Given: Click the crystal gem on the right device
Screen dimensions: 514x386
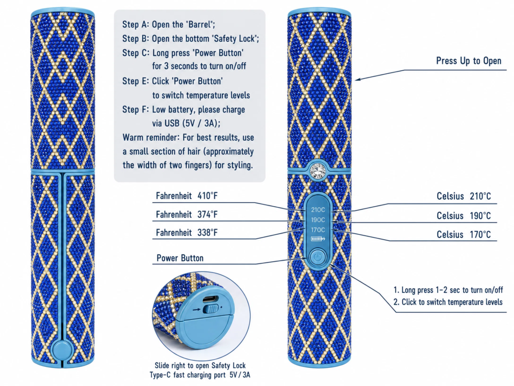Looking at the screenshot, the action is click(318, 170).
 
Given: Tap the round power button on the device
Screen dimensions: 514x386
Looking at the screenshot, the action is click(317, 257).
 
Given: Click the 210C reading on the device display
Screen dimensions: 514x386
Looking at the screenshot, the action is click(318, 210).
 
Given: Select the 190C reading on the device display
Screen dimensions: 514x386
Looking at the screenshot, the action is click(318, 220).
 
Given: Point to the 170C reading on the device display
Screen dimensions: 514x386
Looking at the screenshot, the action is click(318, 230).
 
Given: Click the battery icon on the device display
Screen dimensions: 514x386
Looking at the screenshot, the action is click(318, 239).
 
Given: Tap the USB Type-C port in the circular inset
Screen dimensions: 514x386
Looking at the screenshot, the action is click(212, 300).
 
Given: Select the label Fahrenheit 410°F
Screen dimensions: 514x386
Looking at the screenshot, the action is click(187, 196).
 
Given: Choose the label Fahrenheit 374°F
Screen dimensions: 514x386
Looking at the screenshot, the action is click(187, 215).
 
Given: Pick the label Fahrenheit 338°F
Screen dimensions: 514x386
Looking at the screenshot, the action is click(187, 233).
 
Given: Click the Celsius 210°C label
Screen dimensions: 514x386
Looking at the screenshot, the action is click(464, 197).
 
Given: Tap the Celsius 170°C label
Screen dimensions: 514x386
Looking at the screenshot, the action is click(464, 235).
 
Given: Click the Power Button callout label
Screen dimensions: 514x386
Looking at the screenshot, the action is click(180, 258).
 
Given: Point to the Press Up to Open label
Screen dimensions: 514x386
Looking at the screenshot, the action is click(469, 61).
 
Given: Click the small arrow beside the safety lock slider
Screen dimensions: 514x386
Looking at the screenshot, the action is click(197, 309).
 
